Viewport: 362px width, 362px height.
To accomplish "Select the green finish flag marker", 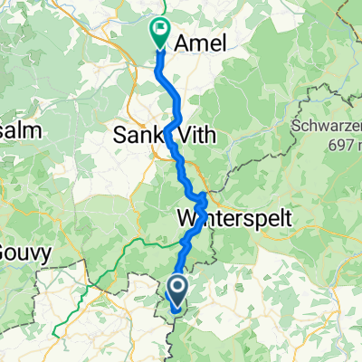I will (x=159, y=33).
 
